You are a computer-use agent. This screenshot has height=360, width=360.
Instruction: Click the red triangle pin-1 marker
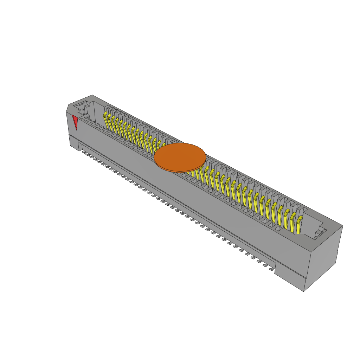point(75,121)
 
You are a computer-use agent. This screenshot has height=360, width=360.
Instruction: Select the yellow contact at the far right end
point(299,225)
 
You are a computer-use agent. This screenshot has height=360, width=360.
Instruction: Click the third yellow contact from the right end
point(286,217)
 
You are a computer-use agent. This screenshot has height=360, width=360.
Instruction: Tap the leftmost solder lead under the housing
point(84,152)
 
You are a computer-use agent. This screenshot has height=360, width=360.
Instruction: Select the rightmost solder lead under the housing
point(271,269)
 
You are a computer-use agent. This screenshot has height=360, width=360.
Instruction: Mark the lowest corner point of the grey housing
point(304,291)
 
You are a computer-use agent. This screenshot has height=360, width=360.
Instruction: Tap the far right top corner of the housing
point(342,226)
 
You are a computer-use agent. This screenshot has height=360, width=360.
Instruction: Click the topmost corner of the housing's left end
point(92,95)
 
